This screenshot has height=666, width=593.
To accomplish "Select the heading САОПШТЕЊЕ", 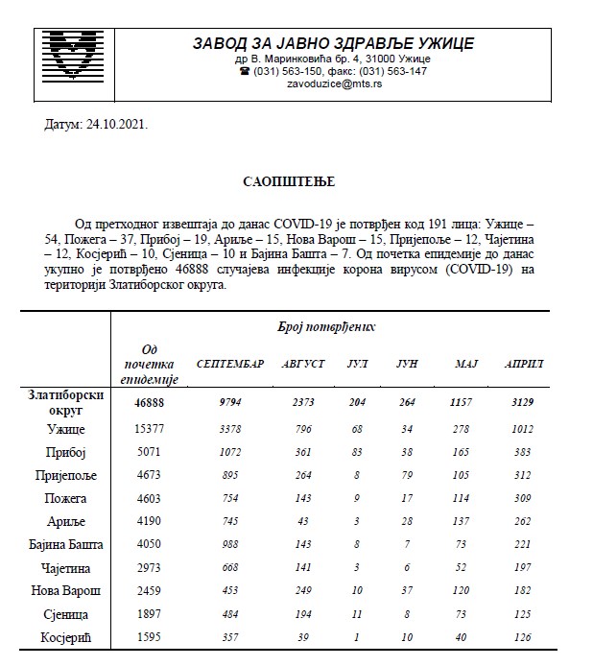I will tap(296, 180).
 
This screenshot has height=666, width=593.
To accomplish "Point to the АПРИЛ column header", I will tap(524, 365).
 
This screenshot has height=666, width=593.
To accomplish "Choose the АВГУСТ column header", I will tap(303, 365).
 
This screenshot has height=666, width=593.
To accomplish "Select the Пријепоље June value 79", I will tap(408, 473).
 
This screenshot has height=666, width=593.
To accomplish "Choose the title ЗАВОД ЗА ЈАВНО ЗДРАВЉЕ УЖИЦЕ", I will tap(333, 43).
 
